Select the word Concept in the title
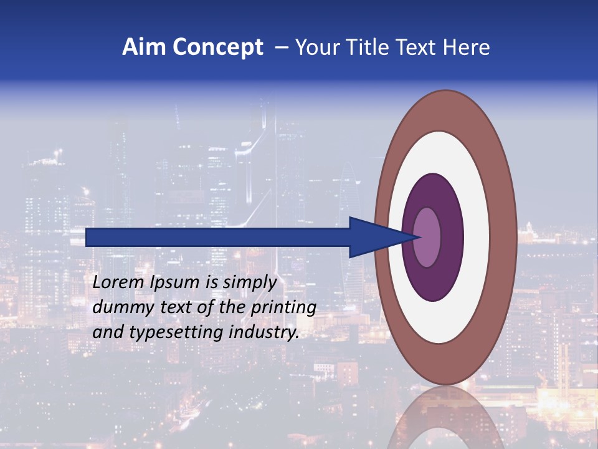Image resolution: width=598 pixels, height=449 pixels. tap(217, 47)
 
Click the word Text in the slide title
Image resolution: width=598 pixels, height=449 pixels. tap(419, 47)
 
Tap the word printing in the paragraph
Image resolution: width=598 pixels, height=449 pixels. tap(283, 308)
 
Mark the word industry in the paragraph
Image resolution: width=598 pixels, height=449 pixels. tap(262, 333)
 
